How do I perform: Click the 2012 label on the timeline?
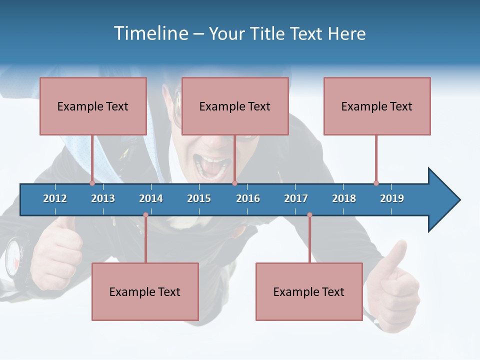[x=55, y=198]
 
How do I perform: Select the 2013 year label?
[x=103, y=198]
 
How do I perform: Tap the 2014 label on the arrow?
[x=151, y=198]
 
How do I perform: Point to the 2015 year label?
[x=199, y=198]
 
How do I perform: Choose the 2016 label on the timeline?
[x=248, y=198]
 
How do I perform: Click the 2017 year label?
[x=296, y=198]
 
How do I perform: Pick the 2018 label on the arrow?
[x=344, y=198]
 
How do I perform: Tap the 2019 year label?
[x=392, y=198]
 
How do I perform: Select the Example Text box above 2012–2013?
[x=93, y=106]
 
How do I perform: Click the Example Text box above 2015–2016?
[x=235, y=106]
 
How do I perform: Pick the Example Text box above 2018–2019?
[x=377, y=106]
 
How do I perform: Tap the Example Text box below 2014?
[x=145, y=291]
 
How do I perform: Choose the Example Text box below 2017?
[x=309, y=291]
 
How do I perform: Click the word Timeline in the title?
[x=150, y=33]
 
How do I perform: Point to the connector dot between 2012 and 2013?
[x=92, y=183]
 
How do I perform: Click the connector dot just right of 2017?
[x=309, y=215]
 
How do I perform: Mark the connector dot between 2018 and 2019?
[x=376, y=183]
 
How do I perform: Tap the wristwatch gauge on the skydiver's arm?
[x=15, y=260]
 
